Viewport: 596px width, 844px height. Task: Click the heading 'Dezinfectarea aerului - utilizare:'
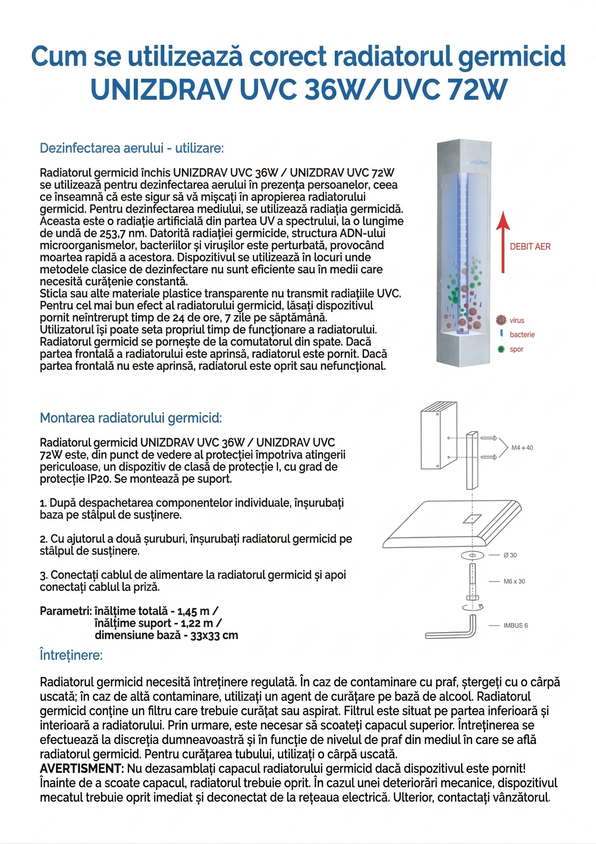click(x=132, y=148)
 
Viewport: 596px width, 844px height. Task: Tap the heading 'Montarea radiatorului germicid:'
click(x=131, y=418)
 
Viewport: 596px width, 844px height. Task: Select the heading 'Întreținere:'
click(x=71, y=655)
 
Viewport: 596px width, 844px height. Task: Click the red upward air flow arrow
click(x=503, y=242)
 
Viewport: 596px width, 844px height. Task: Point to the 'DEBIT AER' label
click(x=530, y=247)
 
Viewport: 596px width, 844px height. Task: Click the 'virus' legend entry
click(x=517, y=321)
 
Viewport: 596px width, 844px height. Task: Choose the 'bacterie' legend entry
click(x=522, y=334)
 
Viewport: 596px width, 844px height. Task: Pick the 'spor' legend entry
click(x=516, y=349)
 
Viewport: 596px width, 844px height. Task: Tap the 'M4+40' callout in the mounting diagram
click(x=522, y=448)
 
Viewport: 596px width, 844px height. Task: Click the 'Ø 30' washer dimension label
click(x=510, y=555)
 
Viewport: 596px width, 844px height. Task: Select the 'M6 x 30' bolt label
click(x=514, y=581)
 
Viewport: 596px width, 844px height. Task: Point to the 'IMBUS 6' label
click(x=516, y=625)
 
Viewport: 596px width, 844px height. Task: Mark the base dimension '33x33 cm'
click(x=214, y=635)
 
